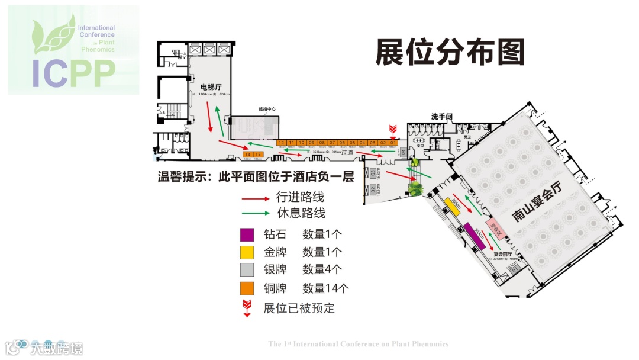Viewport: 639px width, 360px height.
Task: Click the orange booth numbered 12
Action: pyautogui.click(x=282, y=143)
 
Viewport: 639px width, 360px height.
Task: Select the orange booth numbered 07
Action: pyautogui.click(x=333, y=143)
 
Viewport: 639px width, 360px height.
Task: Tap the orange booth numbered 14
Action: pyautogui.click(x=248, y=155)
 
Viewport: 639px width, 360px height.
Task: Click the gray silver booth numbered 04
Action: pyautogui.click(x=403, y=152)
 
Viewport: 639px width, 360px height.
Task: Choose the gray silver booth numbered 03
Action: pyautogui.click(x=373, y=172)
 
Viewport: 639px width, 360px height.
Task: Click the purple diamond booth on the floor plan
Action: pyautogui.click(x=475, y=236)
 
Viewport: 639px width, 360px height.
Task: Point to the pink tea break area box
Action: pyautogui.click(x=492, y=225)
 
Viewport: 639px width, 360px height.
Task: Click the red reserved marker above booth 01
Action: pyautogui.click(x=392, y=130)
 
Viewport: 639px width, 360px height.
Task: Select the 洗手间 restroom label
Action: pyautogui.click(x=441, y=117)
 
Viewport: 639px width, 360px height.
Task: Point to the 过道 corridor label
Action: pyautogui.click(x=347, y=152)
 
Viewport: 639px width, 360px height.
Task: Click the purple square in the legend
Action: pyautogui.click(x=247, y=234)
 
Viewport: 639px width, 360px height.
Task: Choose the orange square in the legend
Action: pyautogui.click(x=247, y=288)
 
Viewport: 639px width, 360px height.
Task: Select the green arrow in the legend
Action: pyautogui.click(x=255, y=213)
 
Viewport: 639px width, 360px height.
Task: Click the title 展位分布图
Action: pyautogui.click(x=450, y=52)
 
